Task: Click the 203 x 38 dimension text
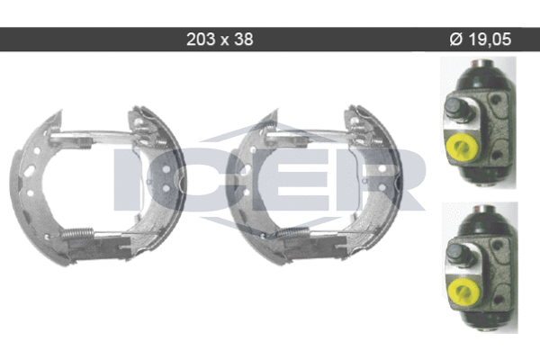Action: click(x=220, y=40)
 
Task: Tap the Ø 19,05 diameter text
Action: click(x=481, y=40)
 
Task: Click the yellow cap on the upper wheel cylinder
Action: click(x=462, y=148)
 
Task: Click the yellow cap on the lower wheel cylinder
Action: click(x=463, y=293)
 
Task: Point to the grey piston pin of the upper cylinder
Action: click(x=455, y=107)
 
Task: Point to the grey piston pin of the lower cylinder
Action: click(x=457, y=253)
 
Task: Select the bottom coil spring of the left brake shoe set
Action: click(x=77, y=234)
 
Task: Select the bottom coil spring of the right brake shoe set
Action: click(x=293, y=233)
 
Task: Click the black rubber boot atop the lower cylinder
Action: click(x=480, y=220)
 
